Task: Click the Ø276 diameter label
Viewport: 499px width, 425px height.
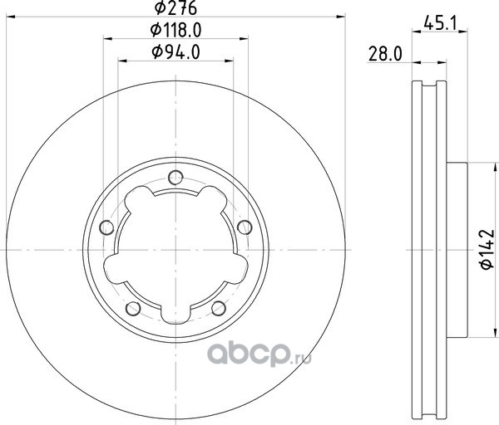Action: tap(175, 8)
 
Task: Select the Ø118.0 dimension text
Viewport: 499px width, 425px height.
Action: tap(175, 31)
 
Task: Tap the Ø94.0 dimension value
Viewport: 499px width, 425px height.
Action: tap(175, 52)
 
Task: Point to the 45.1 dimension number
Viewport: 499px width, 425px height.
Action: tap(441, 23)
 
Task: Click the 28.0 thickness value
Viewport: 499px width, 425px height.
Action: tap(385, 54)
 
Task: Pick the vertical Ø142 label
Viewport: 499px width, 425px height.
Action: tap(487, 249)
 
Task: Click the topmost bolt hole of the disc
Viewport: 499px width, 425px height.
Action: tap(175, 178)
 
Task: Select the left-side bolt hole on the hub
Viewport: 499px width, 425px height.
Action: tap(106, 227)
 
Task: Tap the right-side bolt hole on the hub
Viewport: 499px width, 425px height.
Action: tap(245, 227)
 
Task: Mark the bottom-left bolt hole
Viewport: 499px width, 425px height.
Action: tap(133, 308)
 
